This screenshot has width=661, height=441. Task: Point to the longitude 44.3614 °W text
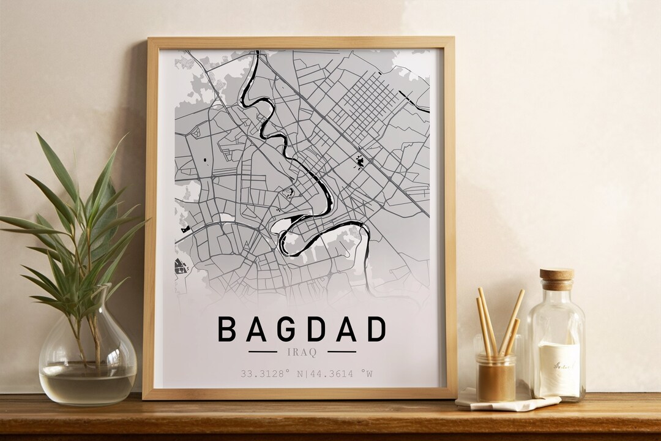[334, 373]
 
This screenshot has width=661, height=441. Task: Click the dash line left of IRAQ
[263, 352]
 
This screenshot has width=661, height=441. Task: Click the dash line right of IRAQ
[342, 352]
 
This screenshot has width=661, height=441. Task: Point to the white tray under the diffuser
[508, 402]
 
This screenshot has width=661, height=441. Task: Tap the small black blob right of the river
[360, 162]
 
